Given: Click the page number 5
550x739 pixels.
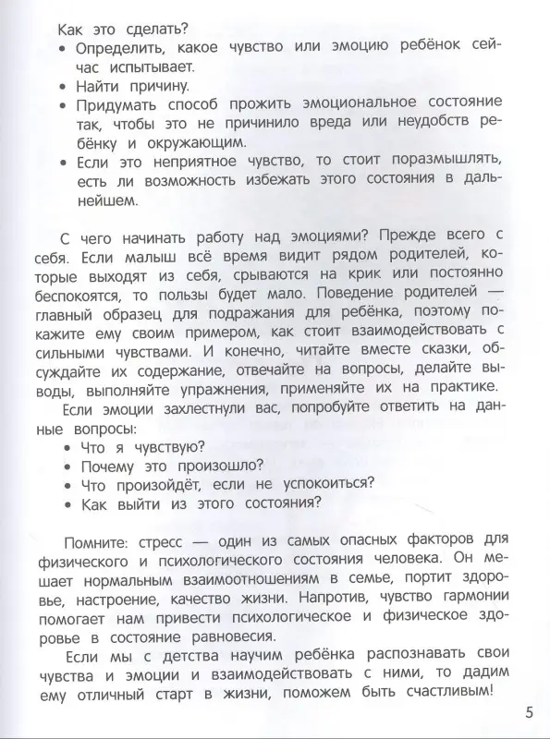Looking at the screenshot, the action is tap(529, 711).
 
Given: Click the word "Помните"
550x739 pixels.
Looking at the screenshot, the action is tap(104, 539).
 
